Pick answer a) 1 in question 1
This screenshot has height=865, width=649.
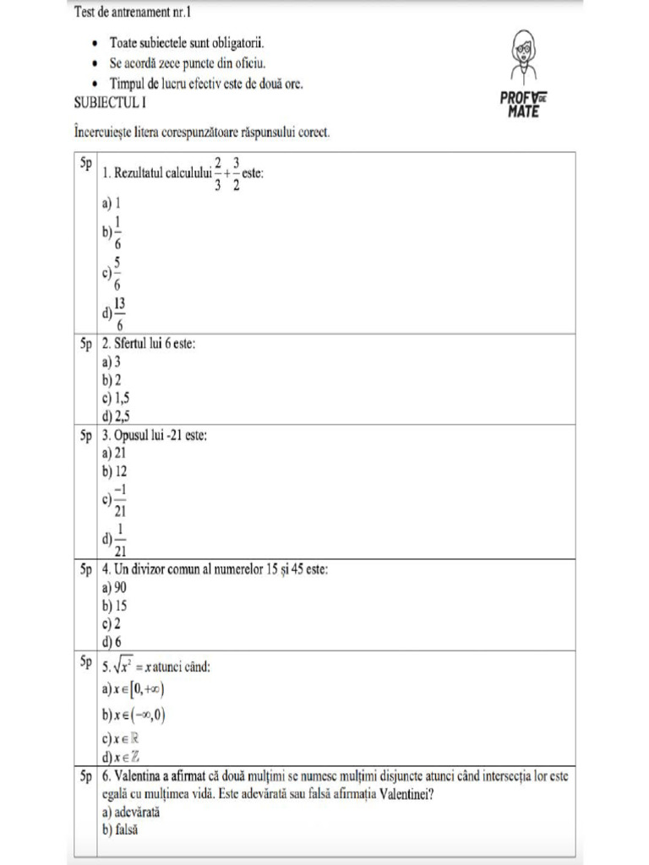click(x=112, y=204)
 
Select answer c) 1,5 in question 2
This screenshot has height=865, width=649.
click(x=116, y=397)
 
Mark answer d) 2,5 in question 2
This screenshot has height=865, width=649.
click(x=116, y=414)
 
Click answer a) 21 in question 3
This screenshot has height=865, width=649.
click(x=114, y=453)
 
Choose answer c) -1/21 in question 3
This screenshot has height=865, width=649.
click(x=115, y=500)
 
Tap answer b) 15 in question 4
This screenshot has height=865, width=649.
click(x=114, y=605)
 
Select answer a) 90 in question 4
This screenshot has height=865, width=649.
click(x=114, y=587)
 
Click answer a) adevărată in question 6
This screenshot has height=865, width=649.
click(x=131, y=812)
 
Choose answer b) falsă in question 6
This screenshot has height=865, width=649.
click(x=121, y=830)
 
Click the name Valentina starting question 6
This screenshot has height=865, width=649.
click(x=141, y=776)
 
